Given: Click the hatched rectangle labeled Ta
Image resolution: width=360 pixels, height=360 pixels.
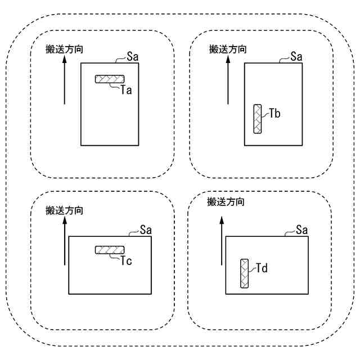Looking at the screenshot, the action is click(109, 79).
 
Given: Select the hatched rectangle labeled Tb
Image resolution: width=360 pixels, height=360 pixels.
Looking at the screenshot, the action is click(258, 119).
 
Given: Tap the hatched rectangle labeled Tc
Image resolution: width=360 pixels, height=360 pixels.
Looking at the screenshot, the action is click(109, 250).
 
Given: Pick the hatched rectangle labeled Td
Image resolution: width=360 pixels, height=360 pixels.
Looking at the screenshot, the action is click(244, 273).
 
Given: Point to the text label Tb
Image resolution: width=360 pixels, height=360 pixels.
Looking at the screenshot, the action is click(274, 114).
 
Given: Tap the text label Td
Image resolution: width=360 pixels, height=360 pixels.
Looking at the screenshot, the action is click(261, 268).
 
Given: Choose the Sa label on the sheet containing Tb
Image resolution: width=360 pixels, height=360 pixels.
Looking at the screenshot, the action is click(296, 56).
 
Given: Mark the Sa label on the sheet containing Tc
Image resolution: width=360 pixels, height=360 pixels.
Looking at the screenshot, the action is click(145, 229).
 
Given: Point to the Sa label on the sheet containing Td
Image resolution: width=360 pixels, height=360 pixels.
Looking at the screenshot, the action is click(301, 229).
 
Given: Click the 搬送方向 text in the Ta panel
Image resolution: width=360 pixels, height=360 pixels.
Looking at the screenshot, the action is click(65, 49).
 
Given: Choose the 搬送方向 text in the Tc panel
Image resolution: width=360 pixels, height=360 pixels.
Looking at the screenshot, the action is click(65, 211).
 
